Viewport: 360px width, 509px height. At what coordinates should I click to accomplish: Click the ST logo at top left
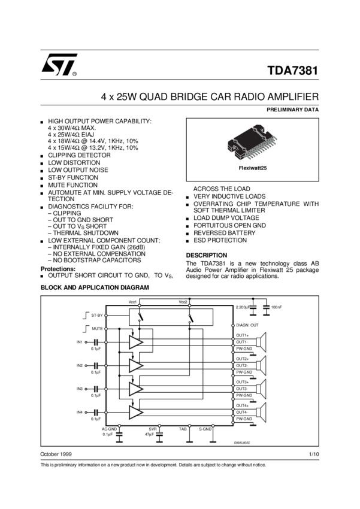pos(59,66)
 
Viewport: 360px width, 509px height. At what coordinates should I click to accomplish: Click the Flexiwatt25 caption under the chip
pos(252,168)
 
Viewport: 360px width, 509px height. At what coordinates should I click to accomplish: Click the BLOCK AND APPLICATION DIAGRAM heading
pos(94,287)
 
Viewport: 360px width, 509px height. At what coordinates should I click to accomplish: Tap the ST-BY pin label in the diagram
pos(96,314)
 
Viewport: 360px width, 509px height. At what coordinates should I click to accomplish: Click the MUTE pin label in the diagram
pos(97,329)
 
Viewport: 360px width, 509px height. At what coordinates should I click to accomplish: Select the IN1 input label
pos(79,341)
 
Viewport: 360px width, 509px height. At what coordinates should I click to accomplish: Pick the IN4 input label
pos(79,412)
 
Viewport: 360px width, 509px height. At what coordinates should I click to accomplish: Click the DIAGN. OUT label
pos(247,325)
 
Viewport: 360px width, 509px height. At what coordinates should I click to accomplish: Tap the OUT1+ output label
pos(243,335)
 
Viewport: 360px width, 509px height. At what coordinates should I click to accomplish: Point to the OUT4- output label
pos(242,412)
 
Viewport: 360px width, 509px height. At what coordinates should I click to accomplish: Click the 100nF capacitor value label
pos(276,307)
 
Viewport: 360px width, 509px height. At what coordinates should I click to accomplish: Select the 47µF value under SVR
pos(150,434)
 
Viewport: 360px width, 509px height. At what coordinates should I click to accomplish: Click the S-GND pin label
pos(205,429)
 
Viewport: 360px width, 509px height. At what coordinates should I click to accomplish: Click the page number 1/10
pos(314,456)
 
